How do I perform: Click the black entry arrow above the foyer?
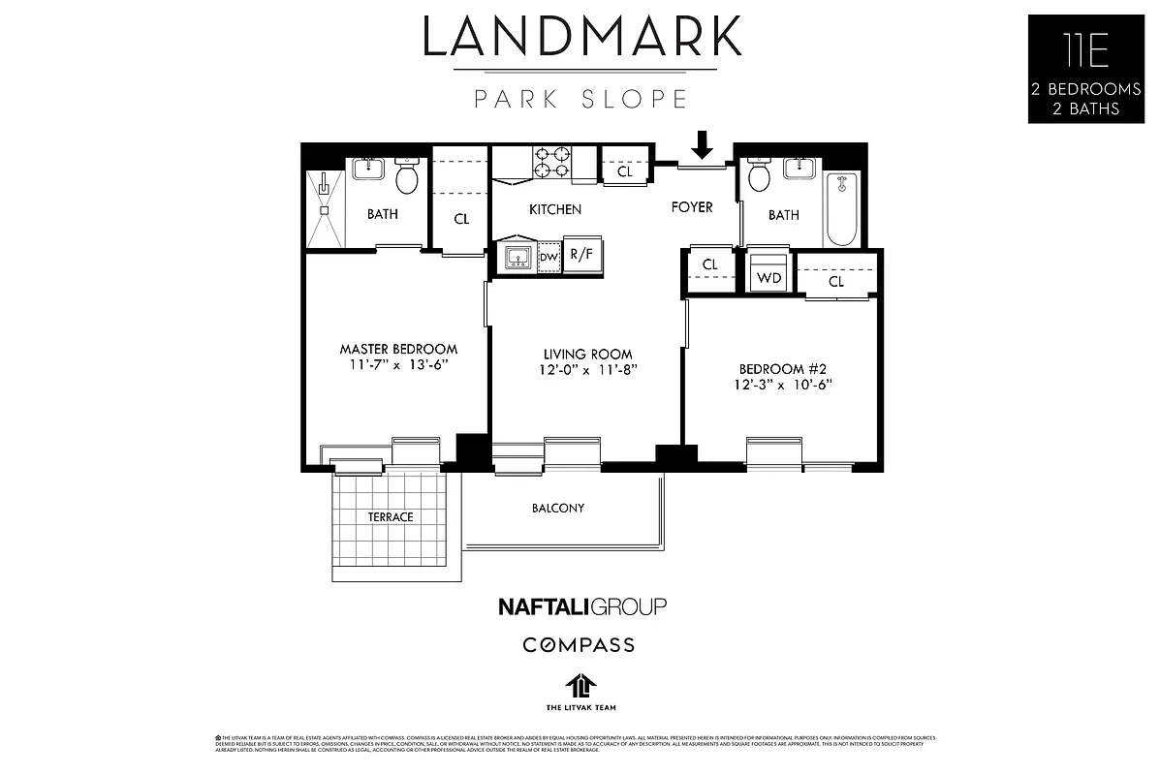(704, 145)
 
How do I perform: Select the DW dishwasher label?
(549, 257)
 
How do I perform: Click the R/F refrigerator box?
(581, 256)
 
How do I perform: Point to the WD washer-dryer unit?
(769, 275)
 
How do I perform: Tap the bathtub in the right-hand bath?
(842, 209)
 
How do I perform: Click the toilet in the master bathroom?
(407, 177)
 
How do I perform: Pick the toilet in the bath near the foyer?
(759, 176)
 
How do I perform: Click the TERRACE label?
(390, 517)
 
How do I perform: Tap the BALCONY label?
(557, 508)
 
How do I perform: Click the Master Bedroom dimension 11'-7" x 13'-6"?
(398, 365)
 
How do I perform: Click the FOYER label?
(692, 207)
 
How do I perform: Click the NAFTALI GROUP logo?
(581, 606)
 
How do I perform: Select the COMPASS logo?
(579, 644)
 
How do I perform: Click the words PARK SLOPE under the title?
(580, 99)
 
